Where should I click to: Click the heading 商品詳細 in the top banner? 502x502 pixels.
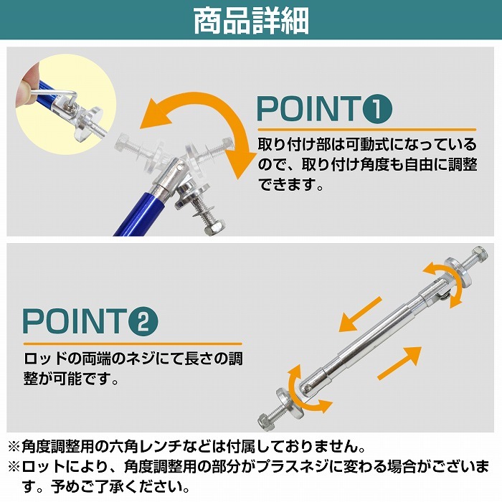[x=251, y=21]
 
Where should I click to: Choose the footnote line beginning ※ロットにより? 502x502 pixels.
[x=251, y=467]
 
